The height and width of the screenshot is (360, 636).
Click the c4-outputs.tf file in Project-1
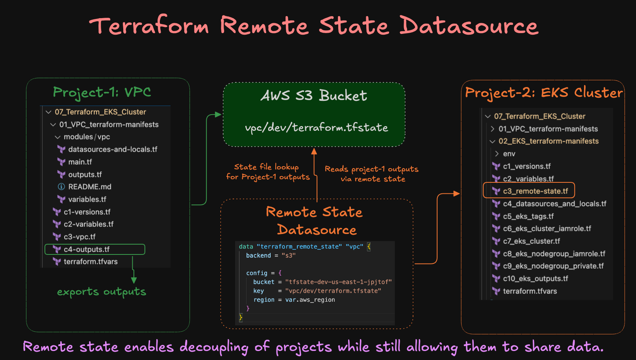(87, 249)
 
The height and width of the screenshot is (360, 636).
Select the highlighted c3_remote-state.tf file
(535, 191)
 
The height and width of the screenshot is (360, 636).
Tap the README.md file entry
(89, 187)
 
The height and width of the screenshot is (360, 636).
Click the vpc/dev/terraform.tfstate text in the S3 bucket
(316, 128)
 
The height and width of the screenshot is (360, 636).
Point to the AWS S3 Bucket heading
(314, 96)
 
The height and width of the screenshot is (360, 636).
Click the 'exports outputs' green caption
(102, 292)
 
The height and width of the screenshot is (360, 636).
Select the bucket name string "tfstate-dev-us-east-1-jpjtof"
(338, 282)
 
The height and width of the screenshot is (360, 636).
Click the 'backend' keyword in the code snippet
(258, 256)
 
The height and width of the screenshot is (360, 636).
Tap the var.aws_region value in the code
(310, 300)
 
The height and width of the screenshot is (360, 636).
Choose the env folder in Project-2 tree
(509, 154)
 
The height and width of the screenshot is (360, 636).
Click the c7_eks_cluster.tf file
(531, 241)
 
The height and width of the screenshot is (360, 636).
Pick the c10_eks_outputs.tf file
(535, 278)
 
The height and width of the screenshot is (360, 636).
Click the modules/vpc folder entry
(87, 137)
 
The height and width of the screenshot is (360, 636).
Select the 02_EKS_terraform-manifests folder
(548, 141)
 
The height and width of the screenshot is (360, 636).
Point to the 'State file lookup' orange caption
(267, 167)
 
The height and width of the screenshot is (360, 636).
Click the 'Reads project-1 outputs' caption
(371, 169)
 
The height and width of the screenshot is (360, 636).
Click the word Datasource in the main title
(469, 26)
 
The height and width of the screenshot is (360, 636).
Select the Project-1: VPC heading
(102, 92)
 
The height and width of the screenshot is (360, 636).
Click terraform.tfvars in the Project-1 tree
(91, 262)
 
